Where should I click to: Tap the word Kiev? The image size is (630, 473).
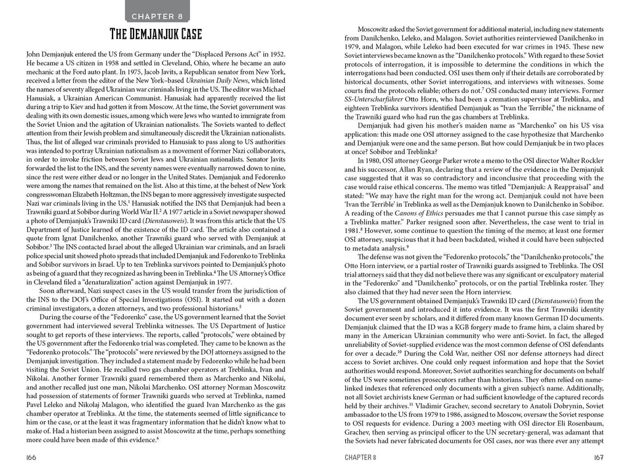tap(94, 112)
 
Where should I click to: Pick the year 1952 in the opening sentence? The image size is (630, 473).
tap(274, 54)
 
